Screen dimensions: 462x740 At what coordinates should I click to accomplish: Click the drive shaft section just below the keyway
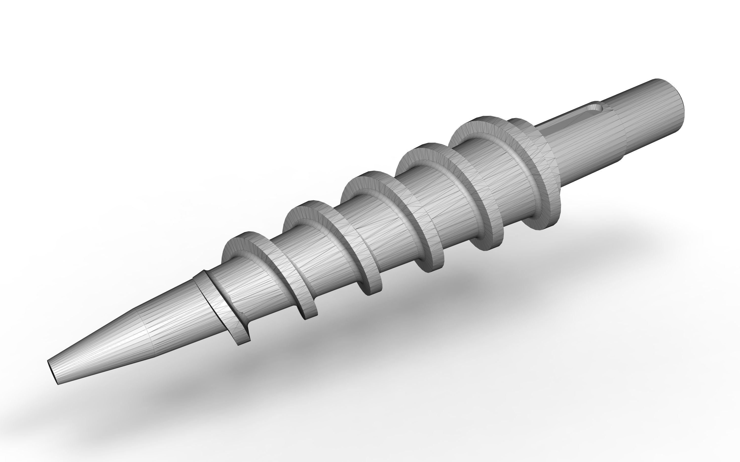pyautogui.click(x=581, y=147)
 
